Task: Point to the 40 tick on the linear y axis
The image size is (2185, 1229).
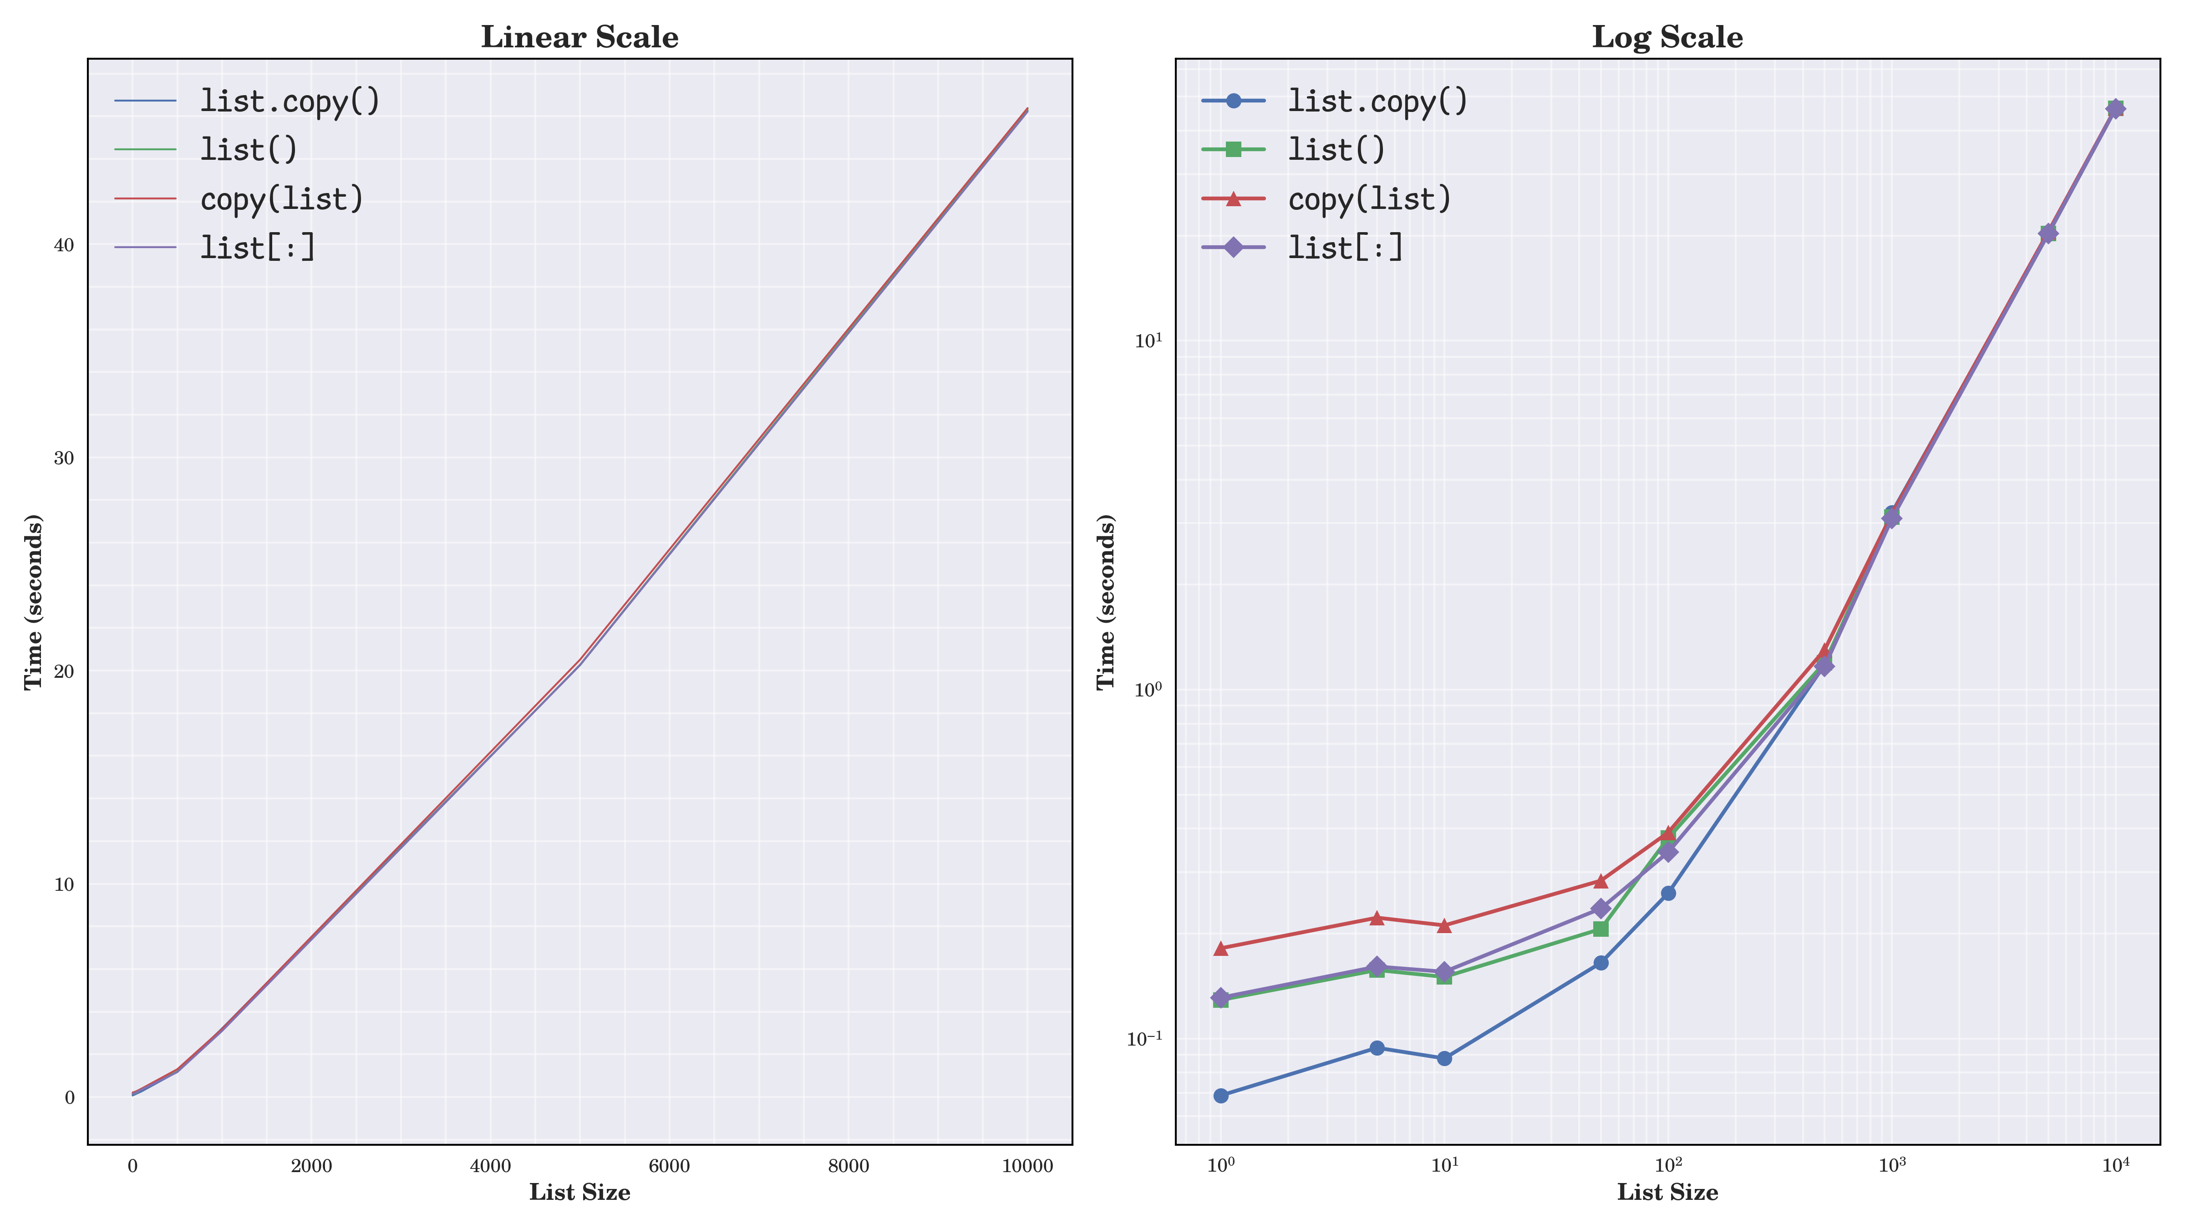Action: tap(65, 245)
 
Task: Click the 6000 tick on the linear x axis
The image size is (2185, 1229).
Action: tap(669, 1166)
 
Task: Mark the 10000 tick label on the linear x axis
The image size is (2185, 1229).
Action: tap(1027, 1166)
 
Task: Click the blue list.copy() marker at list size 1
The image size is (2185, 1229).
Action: tap(1220, 1096)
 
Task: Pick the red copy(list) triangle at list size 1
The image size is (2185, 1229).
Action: tap(1220, 948)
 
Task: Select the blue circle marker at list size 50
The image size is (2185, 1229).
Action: tap(1601, 963)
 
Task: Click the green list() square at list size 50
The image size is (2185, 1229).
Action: tap(1601, 929)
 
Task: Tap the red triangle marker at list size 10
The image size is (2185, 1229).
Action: tap(1444, 925)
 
